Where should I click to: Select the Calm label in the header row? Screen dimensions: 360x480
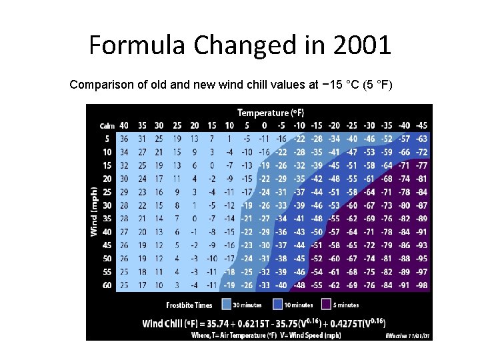pyautogui.click(x=107, y=125)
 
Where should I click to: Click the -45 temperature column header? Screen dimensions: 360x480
pyautogui.click(x=421, y=125)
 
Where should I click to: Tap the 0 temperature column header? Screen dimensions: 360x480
pyautogui.click(x=265, y=125)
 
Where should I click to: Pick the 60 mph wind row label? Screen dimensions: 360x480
pyautogui.click(x=107, y=285)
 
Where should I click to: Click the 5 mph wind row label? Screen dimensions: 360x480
pyautogui.click(x=107, y=139)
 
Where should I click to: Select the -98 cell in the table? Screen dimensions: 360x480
pyautogui.click(x=421, y=285)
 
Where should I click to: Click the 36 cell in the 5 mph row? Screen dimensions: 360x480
pyautogui.click(x=123, y=139)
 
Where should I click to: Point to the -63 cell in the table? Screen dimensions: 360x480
pyautogui.click(x=421, y=139)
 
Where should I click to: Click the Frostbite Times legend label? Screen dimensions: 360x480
pyautogui.click(x=189, y=305)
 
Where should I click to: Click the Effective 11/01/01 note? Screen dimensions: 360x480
pyautogui.click(x=408, y=335)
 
